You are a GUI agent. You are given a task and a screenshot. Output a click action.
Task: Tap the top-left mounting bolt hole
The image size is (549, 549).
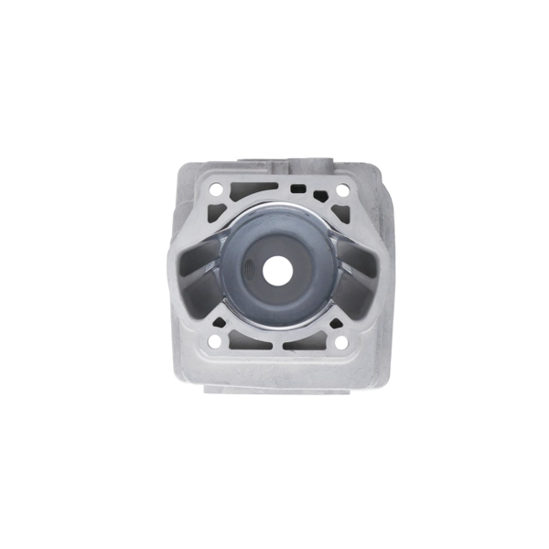click(217, 191)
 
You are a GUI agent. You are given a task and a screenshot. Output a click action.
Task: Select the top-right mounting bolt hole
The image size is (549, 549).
click(341, 190)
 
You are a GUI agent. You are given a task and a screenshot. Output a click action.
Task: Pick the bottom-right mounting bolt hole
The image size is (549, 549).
click(340, 343)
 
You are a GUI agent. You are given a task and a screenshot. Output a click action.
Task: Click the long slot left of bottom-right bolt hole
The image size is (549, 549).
click(306, 344)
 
